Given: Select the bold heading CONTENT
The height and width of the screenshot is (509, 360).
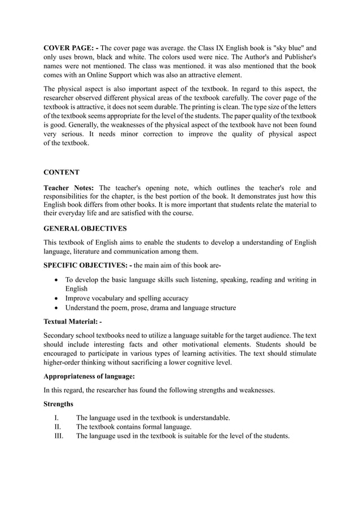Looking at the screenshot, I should coord(62,172).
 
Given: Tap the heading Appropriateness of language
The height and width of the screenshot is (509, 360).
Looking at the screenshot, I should coord(90,376).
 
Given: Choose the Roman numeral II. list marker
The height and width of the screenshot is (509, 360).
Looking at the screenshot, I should coord(57,427).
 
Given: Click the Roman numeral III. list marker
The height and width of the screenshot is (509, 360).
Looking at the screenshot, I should coord(58,436).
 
